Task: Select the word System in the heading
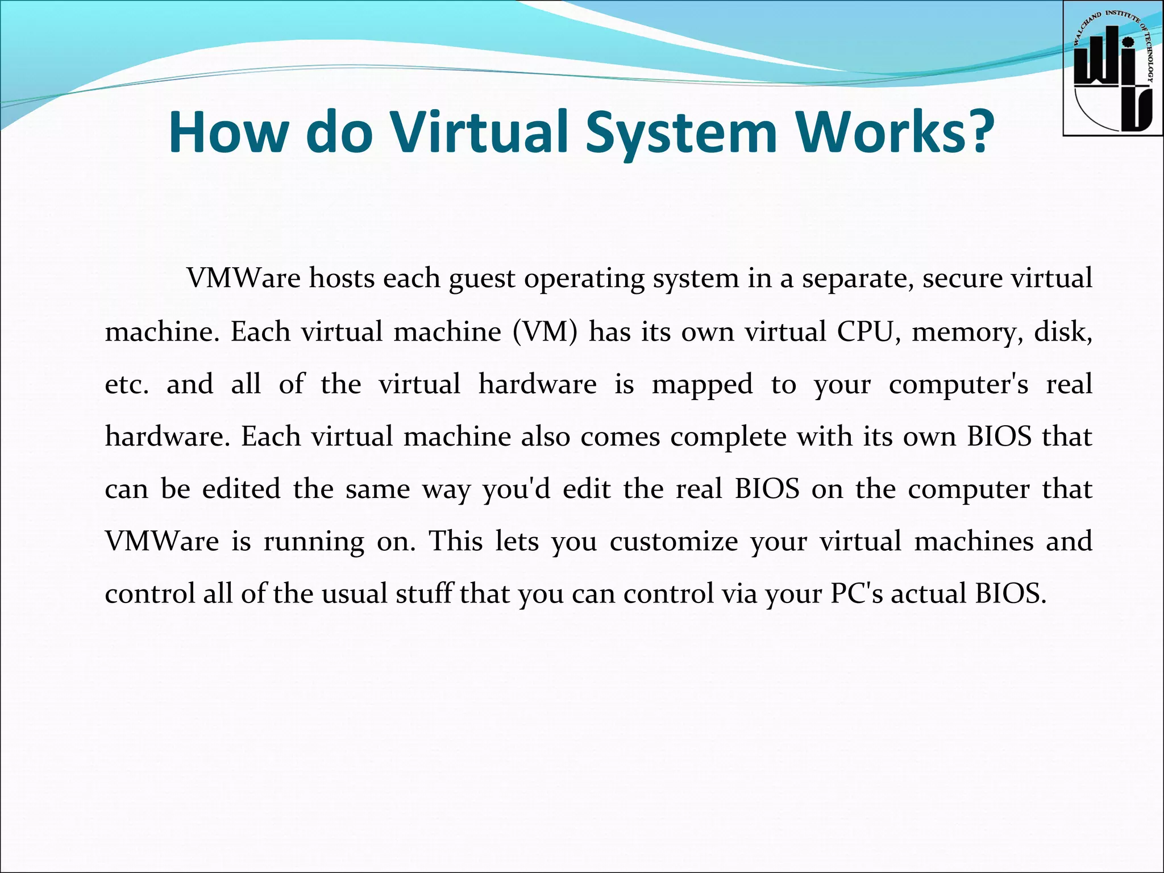coord(681,132)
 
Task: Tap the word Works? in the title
coord(895,132)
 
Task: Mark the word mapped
coord(702,385)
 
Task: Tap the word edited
coord(242,489)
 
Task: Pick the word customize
coord(674,541)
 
